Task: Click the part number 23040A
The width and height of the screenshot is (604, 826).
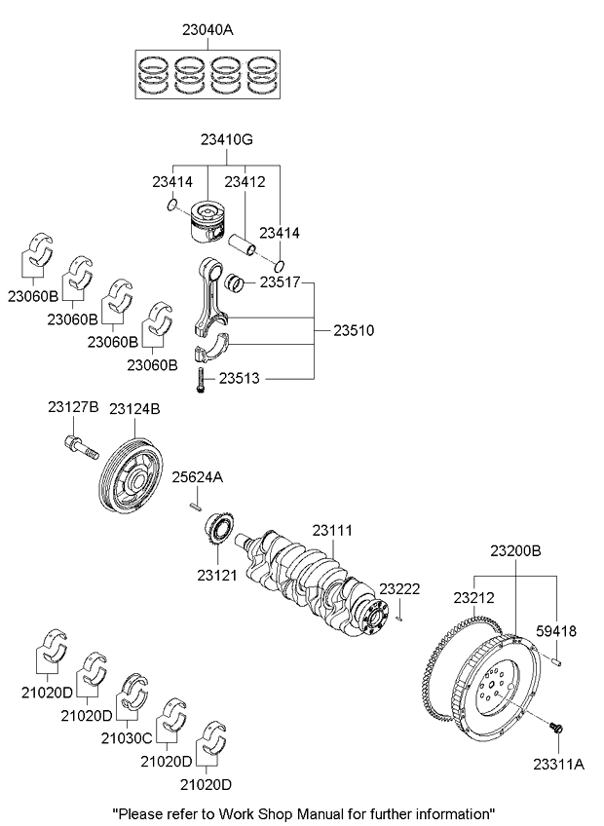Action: click(x=208, y=30)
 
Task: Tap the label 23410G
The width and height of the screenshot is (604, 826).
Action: click(x=226, y=141)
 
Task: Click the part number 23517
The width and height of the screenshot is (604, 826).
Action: click(x=282, y=282)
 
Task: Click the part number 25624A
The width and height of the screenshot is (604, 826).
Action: click(x=198, y=476)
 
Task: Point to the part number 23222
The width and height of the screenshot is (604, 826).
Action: click(x=399, y=589)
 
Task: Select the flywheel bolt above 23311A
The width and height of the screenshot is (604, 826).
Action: click(x=558, y=726)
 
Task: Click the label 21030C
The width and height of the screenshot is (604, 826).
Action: click(x=127, y=738)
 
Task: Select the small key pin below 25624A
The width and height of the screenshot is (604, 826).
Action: click(x=196, y=505)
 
